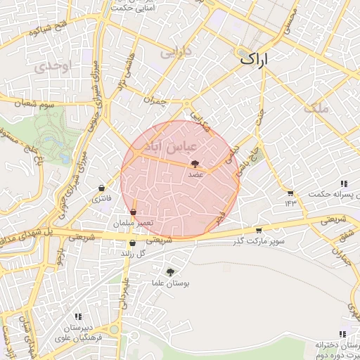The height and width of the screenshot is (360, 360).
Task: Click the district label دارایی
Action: (x=175, y=52)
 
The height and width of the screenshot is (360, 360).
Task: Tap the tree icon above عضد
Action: (x=195, y=164)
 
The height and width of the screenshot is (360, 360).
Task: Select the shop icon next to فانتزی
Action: (x=103, y=188)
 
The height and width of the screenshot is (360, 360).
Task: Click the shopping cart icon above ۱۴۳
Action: (x=290, y=192)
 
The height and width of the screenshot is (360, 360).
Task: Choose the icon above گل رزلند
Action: (x=132, y=243)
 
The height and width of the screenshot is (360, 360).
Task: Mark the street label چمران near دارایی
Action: (x=154, y=101)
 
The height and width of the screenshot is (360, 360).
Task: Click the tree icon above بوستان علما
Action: (x=171, y=272)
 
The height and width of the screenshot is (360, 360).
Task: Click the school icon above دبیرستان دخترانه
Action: (x=342, y=334)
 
